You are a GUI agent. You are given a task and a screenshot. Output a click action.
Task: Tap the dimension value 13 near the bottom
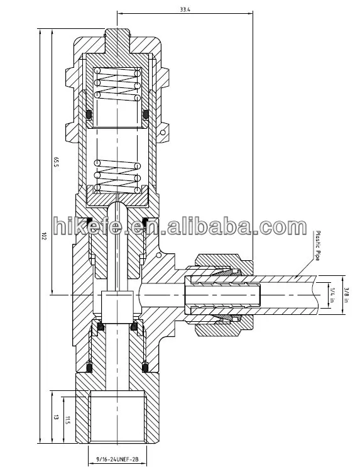coord(56,417)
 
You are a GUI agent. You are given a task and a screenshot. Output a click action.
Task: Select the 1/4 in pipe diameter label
coord(332,292)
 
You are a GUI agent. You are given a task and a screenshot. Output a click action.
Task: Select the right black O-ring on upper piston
coord(146,114)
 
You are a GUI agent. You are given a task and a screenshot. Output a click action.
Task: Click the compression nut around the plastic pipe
coord(220,292)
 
